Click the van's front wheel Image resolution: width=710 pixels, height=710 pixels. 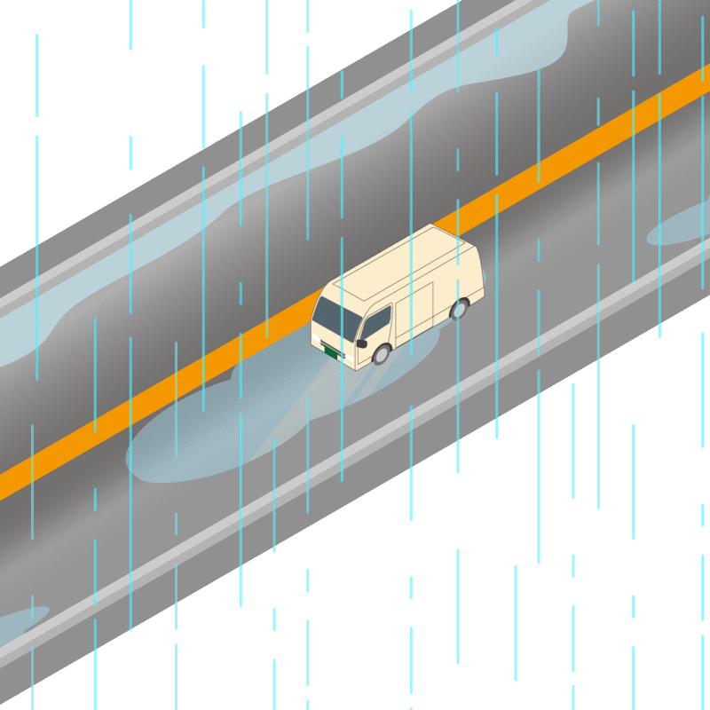pyautogui.click(x=381, y=354)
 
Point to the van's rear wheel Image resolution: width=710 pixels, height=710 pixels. pyautogui.click(x=459, y=309)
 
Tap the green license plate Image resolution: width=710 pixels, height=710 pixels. pyautogui.click(x=333, y=352)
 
